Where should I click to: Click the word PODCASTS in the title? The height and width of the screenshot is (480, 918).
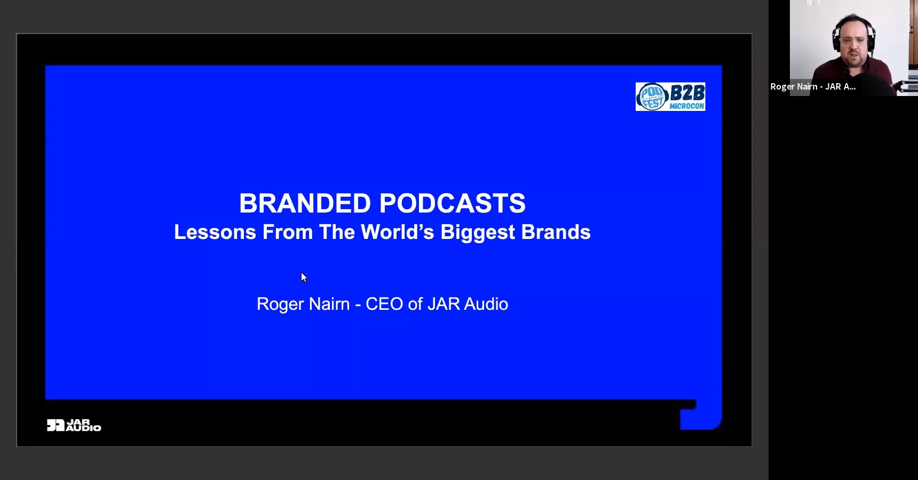[x=453, y=203]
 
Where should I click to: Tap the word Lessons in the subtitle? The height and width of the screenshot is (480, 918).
[x=215, y=232]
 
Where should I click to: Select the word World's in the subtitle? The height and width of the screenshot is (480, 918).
[x=398, y=232]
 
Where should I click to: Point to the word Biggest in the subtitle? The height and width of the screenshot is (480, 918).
[x=478, y=233]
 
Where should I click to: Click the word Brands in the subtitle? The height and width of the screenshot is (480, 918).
[x=556, y=232]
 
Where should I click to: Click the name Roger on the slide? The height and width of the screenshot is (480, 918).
[x=276, y=304]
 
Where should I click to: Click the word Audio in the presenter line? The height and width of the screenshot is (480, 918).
[x=486, y=304]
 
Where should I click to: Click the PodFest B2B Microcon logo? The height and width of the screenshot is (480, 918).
[x=670, y=97]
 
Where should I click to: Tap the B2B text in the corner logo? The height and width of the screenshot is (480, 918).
[x=687, y=93]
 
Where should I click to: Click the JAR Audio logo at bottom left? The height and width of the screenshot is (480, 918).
[x=74, y=425]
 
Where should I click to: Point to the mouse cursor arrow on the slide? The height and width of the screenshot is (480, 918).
[x=304, y=277]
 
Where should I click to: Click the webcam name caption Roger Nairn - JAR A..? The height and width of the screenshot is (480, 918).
[x=813, y=86]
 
